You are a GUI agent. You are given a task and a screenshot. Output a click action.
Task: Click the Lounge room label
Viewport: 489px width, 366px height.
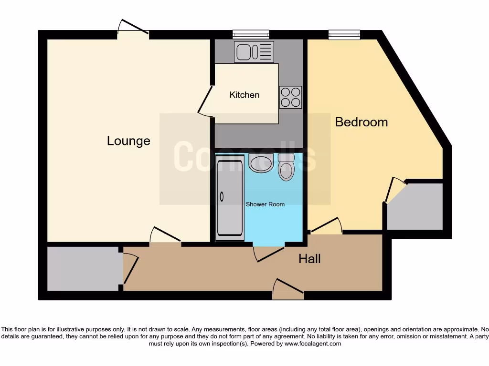coord(128,141)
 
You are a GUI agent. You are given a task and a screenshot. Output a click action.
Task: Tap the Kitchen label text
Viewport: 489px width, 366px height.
coord(244,95)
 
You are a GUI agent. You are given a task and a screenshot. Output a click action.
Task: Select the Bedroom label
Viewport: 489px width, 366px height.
coord(361,122)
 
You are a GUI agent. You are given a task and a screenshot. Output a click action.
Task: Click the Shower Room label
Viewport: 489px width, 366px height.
coord(265,204)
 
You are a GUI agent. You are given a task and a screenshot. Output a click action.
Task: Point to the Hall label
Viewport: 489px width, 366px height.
coord(309,259)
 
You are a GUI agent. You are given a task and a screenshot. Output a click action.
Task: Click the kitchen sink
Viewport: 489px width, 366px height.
coord(254,51)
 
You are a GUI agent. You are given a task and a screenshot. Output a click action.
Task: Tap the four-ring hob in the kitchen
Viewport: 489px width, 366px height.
coord(290,97)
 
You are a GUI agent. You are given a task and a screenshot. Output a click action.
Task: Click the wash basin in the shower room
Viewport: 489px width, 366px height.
coord(261,163)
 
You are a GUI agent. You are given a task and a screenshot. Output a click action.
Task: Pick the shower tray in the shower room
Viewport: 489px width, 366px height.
coord(230,199)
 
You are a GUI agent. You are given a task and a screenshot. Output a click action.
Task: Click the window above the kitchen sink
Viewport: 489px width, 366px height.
coord(251,34)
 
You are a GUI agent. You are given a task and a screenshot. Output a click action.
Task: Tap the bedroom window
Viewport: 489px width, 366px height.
coord(344,34)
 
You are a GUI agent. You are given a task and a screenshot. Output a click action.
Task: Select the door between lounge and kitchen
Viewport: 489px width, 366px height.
coord(205,101)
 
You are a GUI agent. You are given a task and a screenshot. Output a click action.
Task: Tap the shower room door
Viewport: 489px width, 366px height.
coord(269,253)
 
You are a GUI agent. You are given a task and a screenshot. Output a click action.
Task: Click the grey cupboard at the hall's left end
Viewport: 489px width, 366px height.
coord(83,268)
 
